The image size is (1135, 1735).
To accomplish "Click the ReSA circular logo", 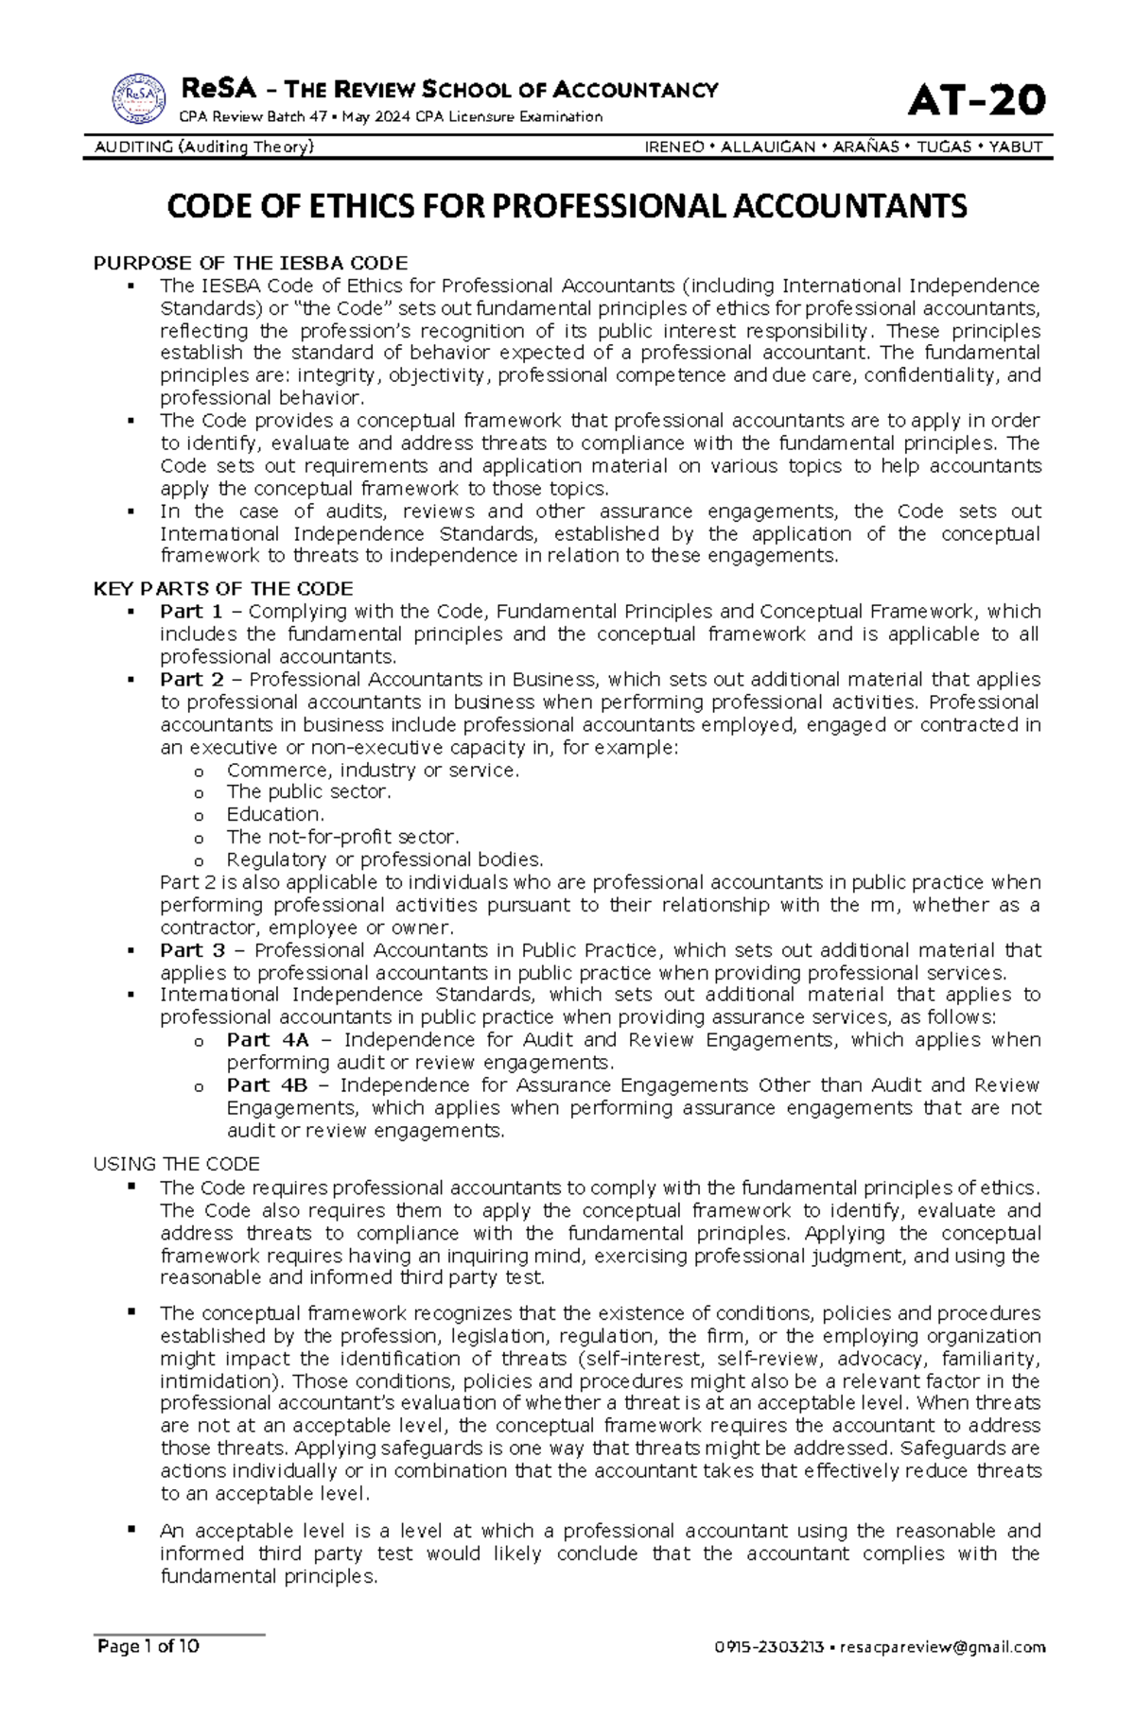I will pos(140,98).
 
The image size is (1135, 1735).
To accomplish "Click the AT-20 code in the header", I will pos(977,100).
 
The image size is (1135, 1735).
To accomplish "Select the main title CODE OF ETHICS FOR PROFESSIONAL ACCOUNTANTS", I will pos(567,206).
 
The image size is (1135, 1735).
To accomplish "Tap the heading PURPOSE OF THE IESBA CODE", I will pos(251,263).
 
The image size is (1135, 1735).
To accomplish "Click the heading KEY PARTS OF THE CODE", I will pos(223,588).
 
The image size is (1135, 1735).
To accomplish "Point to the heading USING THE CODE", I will pos(177,1164).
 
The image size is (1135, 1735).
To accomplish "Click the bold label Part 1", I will pos(191,612).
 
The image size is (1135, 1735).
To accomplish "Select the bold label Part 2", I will pos(191,680).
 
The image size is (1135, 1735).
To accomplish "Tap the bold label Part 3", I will pos(192,950).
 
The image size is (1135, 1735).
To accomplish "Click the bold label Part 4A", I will pos(268,1040).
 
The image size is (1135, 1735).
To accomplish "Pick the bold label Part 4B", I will pos(268,1085).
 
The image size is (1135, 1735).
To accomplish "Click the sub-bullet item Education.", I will pos(275,814).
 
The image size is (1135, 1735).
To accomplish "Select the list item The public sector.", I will pos(308,791).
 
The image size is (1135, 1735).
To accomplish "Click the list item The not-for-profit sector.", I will pos(342,837).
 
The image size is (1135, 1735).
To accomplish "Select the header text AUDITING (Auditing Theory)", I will pos(204,147).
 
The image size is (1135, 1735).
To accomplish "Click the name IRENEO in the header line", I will pos(673,147).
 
